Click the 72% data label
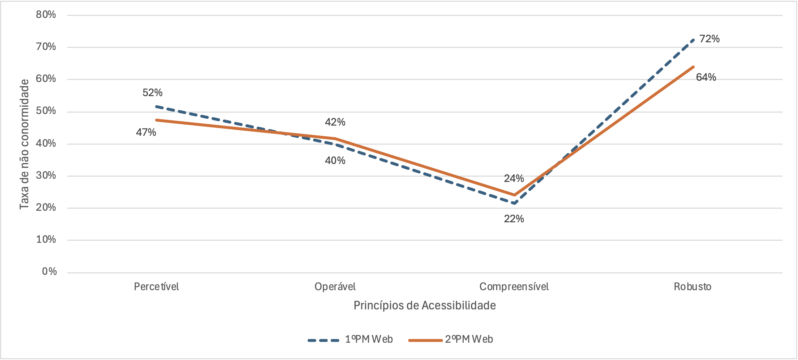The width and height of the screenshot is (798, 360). (x=709, y=39)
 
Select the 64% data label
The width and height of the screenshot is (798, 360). (x=706, y=77)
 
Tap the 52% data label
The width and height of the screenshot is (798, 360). (x=152, y=93)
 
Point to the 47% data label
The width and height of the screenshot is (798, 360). (x=146, y=132)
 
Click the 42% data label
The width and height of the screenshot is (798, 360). (x=335, y=122)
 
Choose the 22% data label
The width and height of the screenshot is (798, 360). (x=514, y=219)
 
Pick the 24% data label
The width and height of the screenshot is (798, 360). (x=514, y=178)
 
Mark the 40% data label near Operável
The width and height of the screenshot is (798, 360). (x=335, y=160)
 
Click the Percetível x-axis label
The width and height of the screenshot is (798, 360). (x=156, y=287)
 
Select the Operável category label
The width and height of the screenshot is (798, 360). (x=335, y=287)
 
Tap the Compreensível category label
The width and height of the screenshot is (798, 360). (x=514, y=287)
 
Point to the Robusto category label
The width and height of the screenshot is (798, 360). (x=693, y=287)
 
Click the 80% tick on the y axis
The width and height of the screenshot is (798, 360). (x=46, y=15)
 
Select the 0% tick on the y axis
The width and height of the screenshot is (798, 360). (x=49, y=272)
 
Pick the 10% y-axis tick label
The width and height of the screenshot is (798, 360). (x=46, y=240)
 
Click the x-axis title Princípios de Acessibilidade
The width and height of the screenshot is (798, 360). (x=425, y=306)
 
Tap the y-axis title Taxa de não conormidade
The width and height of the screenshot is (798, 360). (x=24, y=144)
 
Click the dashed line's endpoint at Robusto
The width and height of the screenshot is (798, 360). (x=693, y=40)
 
